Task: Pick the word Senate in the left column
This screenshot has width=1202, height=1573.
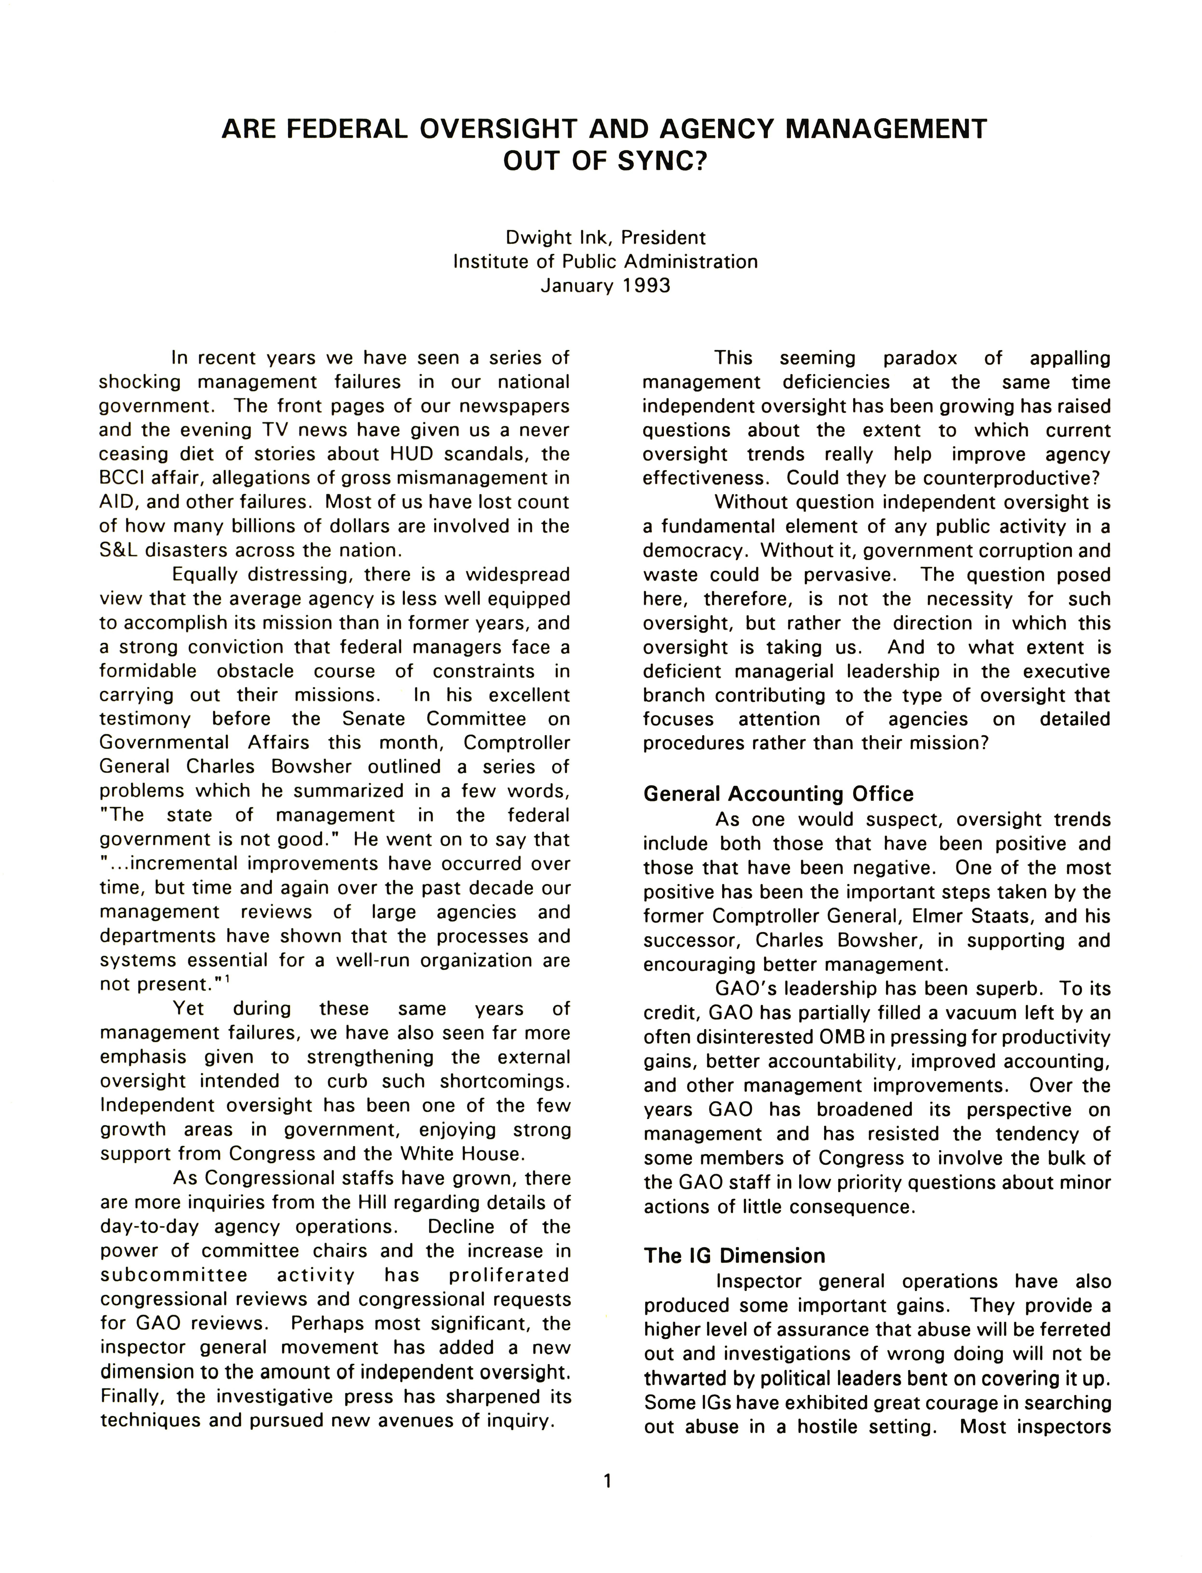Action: (375, 719)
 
